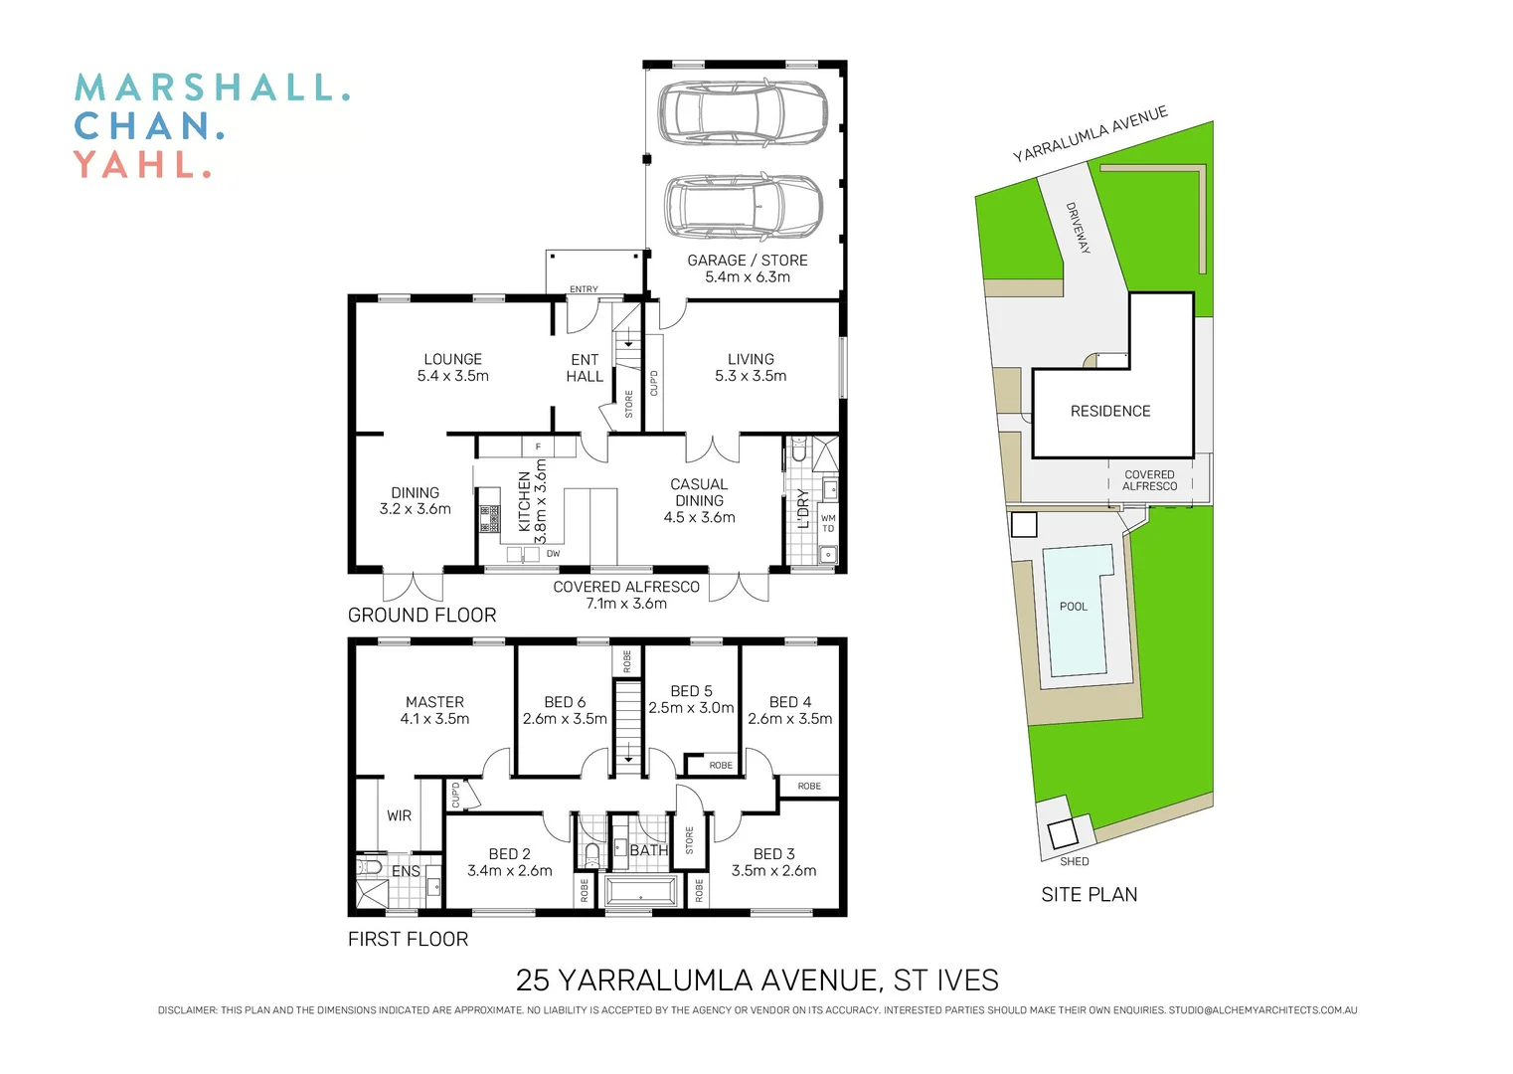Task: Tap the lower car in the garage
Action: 744,207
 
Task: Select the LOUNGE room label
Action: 452,359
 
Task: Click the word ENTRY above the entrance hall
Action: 584,289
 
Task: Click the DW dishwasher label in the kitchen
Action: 554,554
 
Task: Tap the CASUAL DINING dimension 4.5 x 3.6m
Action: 699,517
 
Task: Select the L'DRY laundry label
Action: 803,508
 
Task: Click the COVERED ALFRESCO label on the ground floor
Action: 626,587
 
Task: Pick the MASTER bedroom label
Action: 434,702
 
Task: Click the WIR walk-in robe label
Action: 399,815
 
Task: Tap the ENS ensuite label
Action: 406,871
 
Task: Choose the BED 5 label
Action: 691,691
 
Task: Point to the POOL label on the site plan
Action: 1074,607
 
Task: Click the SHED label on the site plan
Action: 1075,861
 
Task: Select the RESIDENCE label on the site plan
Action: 1110,411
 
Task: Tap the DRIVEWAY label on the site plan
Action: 1079,228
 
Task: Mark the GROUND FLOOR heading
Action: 421,616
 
